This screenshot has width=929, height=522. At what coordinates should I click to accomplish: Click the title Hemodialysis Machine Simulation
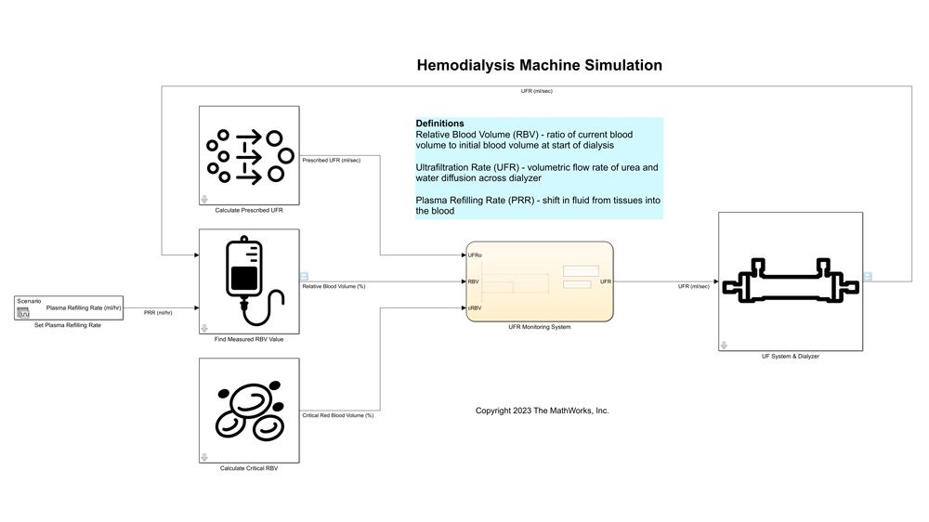539,65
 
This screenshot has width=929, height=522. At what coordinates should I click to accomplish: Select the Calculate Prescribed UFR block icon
249,155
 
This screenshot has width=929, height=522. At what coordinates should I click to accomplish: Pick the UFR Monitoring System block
539,281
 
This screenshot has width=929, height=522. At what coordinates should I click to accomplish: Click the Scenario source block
70,307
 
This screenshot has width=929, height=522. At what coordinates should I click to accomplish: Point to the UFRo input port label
475,254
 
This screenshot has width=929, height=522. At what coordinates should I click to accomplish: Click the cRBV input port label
475,307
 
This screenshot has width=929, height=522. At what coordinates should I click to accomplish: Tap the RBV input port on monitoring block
473,281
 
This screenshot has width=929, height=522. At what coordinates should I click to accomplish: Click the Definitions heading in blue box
439,124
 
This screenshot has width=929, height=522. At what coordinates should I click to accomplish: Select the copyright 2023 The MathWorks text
542,411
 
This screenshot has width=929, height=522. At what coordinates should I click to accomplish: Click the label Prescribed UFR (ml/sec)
332,161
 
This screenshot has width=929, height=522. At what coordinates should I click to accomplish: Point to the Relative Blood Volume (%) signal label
334,287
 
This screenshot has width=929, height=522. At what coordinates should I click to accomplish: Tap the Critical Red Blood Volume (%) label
338,415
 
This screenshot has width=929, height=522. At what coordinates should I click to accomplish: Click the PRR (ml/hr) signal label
158,313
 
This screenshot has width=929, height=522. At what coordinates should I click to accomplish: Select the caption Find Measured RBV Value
249,340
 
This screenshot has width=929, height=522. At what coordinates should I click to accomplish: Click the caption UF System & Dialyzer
790,357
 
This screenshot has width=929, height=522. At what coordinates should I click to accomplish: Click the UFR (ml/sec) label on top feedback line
538,91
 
